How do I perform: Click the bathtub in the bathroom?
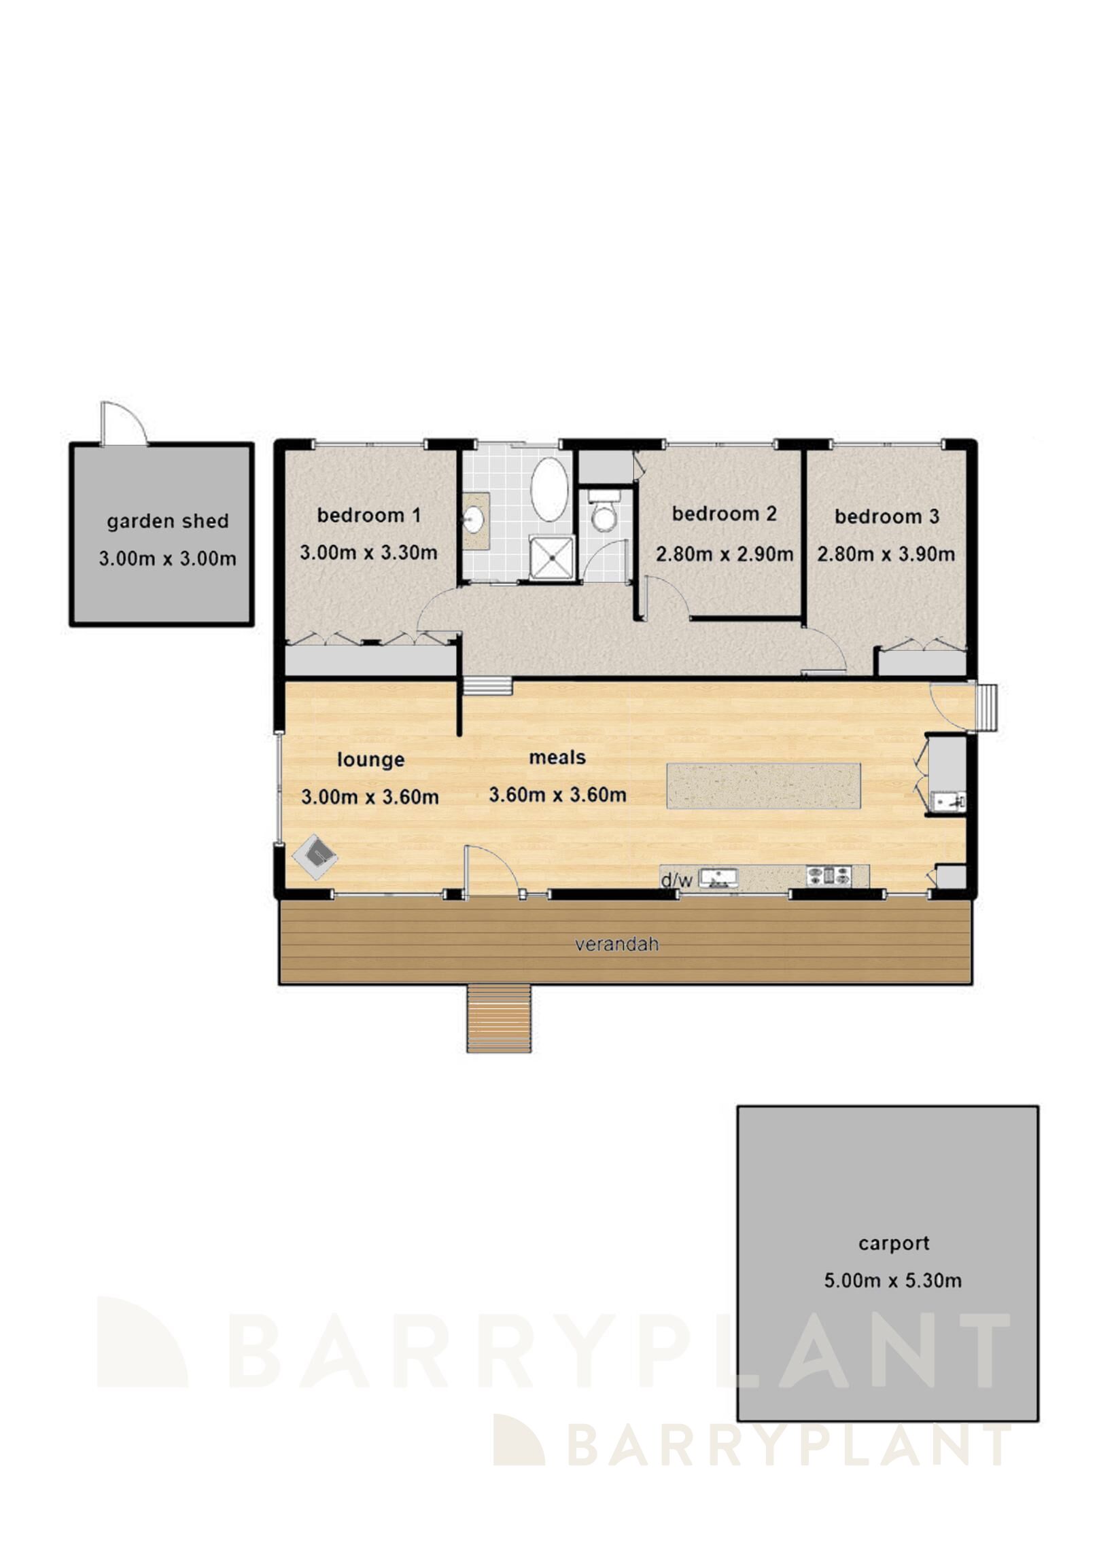tap(549, 489)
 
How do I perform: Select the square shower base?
tap(552, 558)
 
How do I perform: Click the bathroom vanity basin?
tap(474, 521)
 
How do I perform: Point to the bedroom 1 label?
tap(368, 516)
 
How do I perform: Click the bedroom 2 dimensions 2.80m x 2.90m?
tap(724, 554)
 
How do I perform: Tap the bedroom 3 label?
tap(886, 517)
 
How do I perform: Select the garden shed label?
tap(167, 522)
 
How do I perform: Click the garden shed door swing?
tap(124, 424)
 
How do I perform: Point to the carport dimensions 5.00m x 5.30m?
tap(892, 1281)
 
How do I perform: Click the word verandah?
tap(616, 944)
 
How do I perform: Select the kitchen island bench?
tap(763, 786)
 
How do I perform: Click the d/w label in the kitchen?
tap(676, 880)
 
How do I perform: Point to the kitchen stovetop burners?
tap(829, 876)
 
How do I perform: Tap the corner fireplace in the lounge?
tap(315, 856)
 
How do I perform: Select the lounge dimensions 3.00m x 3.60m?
tap(370, 797)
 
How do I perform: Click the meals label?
tap(557, 757)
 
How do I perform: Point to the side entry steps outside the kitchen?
tap(986, 707)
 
